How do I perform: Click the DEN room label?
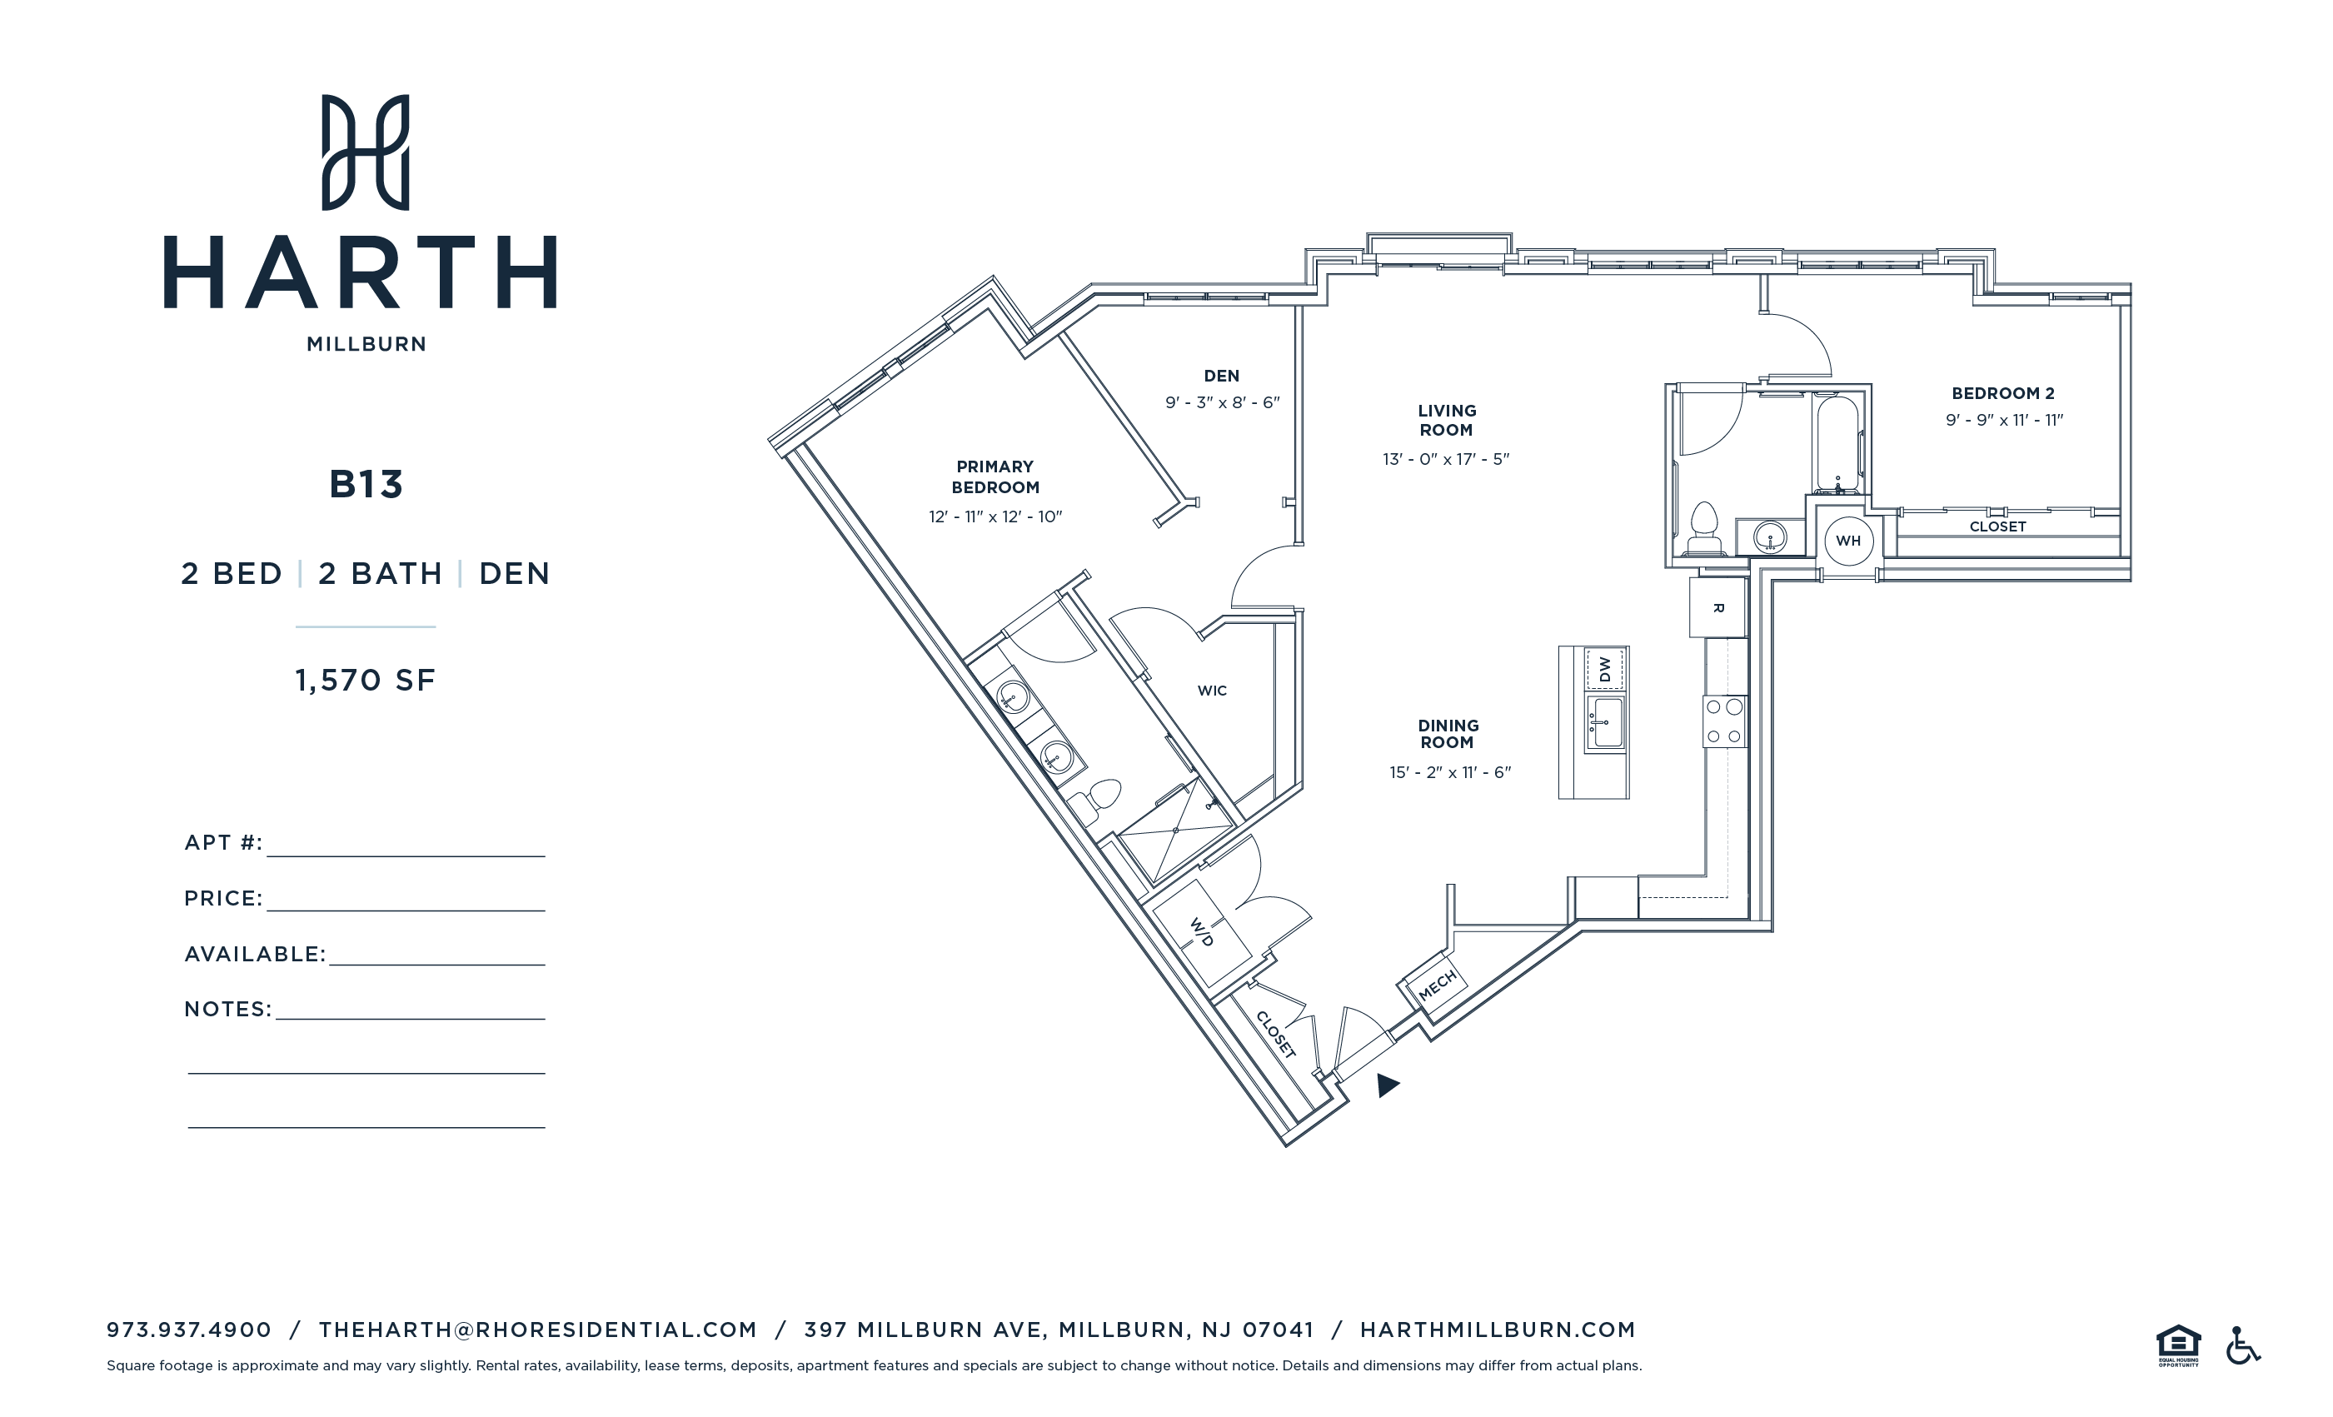click(x=1220, y=376)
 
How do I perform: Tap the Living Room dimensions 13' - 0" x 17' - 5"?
click(x=1445, y=459)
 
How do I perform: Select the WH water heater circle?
click(x=1847, y=541)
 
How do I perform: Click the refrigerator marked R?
click(x=1717, y=608)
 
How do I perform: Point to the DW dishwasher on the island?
click(x=1604, y=669)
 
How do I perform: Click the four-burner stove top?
click(x=1723, y=721)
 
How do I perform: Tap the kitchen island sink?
click(x=1605, y=725)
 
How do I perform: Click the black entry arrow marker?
click(x=1387, y=1085)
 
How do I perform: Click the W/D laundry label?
click(x=1202, y=932)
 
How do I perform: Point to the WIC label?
click(x=1211, y=691)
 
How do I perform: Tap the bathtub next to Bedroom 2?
click(x=1837, y=444)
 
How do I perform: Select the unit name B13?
click(x=366, y=485)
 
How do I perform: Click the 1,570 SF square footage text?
click(x=366, y=680)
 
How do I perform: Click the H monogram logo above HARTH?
click(x=366, y=152)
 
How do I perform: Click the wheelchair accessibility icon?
click(x=2241, y=1345)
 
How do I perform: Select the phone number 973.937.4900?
click(x=188, y=1330)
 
